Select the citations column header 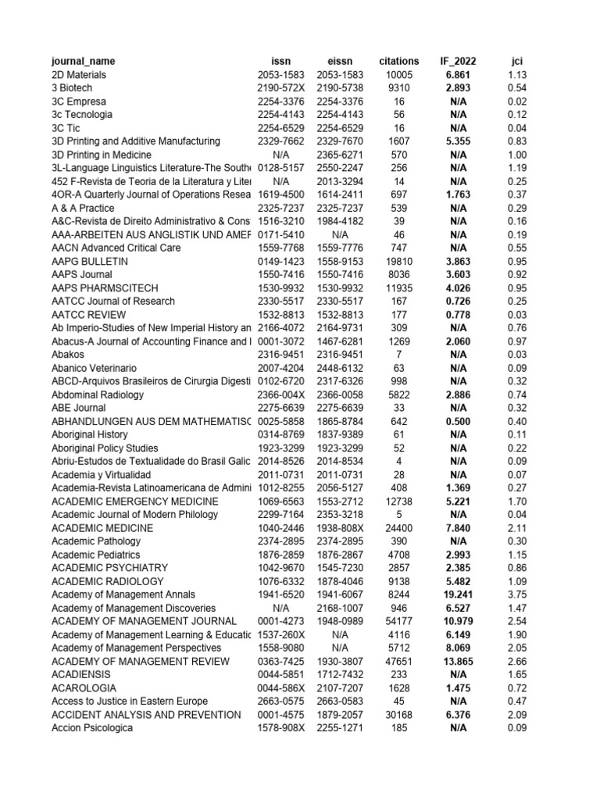(x=398, y=61)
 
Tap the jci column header (x=516, y=61)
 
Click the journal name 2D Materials (x=79, y=75)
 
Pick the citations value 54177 (x=398, y=621)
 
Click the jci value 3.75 (x=516, y=595)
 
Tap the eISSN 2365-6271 (x=339, y=155)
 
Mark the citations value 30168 (x=398, y=715)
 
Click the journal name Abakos (x=69, y=355)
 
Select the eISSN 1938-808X (x=339, y=528)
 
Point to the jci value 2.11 (x=516, y=528)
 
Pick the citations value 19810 (x=398, y=262)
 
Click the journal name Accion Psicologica (x=92, y=728)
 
